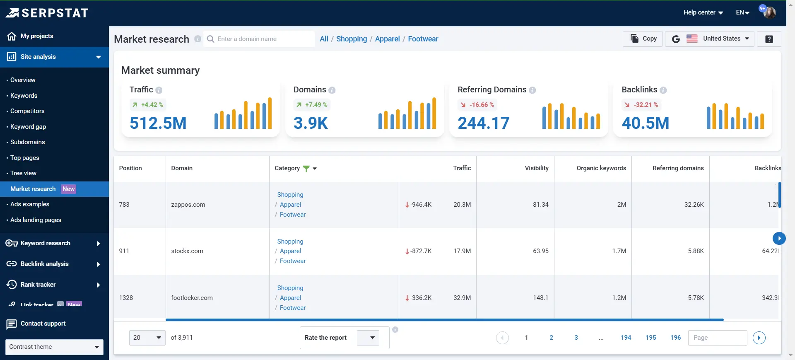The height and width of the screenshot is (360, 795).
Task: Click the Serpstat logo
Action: coord(47,13)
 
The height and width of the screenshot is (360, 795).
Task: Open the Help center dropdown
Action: coord(703,12)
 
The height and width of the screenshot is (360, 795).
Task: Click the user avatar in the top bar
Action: coord(769,12)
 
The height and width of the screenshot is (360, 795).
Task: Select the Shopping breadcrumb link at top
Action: coord(351,39)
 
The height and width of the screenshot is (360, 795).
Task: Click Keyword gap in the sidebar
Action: coord(28,127)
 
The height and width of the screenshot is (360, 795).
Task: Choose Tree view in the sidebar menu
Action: coord(23,173)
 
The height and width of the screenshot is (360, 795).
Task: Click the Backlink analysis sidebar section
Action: coord(45,264)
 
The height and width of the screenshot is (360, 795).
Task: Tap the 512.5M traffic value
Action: coord(158,123)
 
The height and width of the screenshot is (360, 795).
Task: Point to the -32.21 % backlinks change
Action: coord(642,105)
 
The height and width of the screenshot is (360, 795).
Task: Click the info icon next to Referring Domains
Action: coord(532,90)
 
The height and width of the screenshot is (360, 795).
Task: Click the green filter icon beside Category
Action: coord(306,169)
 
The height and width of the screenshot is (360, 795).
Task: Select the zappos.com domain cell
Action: coord(188,205)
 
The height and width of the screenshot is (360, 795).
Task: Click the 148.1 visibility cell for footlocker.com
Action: coord(540,298)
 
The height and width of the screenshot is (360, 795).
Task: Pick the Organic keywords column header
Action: coord(601,168)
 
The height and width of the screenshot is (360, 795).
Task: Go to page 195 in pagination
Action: coord(650,338)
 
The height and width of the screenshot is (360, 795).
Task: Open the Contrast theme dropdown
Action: coord(54,347)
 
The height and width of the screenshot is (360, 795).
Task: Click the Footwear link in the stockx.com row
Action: coord(292,261)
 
